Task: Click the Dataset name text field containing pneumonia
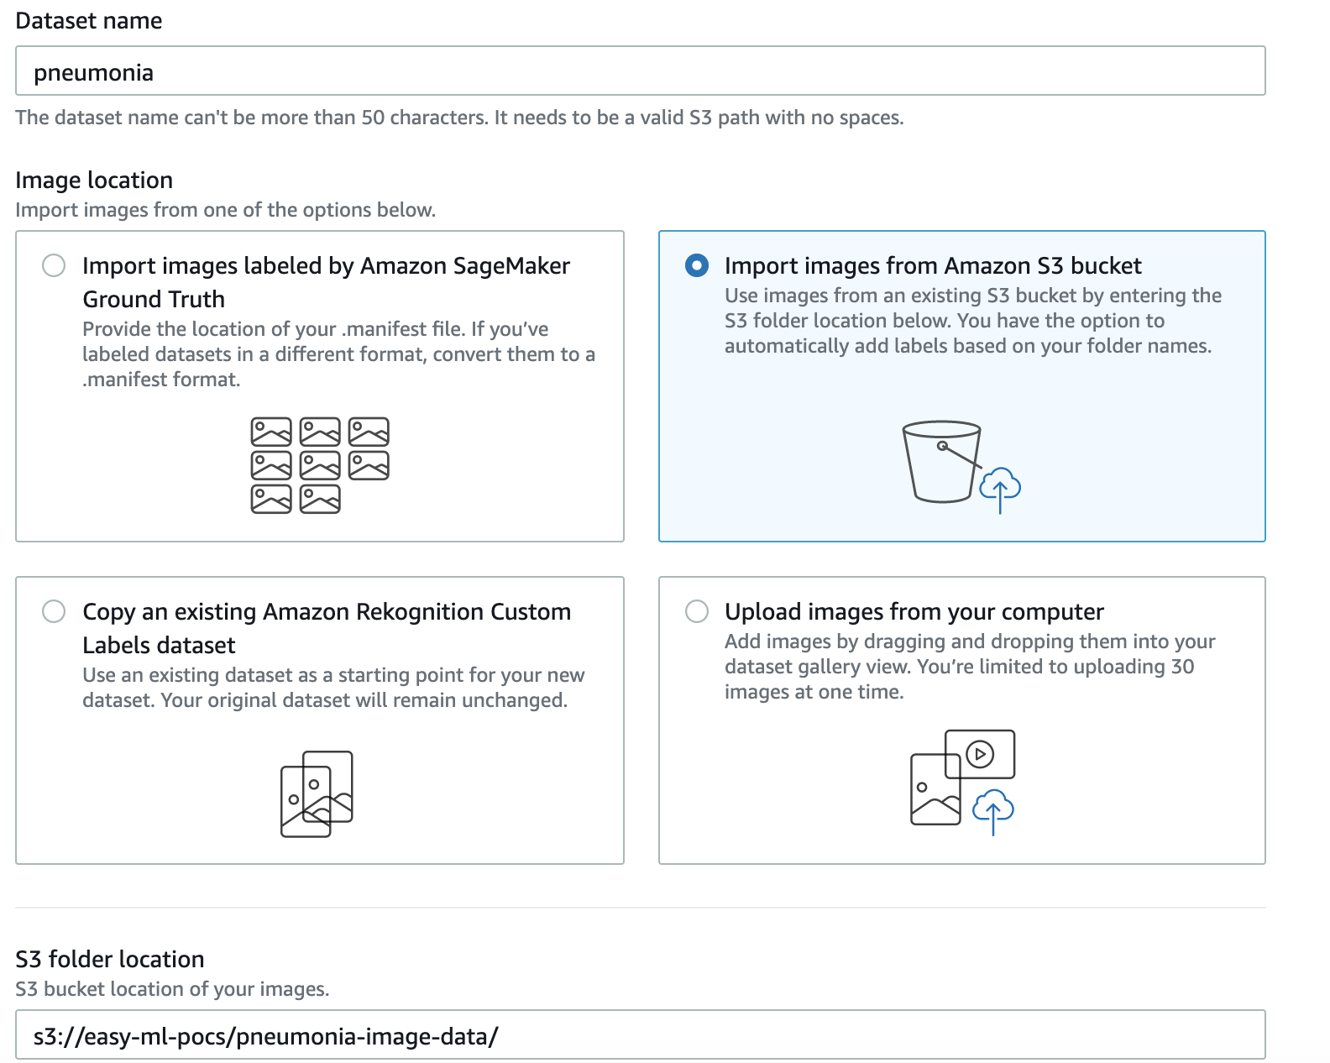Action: point(641,71)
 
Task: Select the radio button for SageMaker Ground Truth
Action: point(54,265)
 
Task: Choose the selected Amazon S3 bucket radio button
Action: point(697,265)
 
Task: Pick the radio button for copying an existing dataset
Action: point(54,611)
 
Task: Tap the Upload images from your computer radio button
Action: point(697,611)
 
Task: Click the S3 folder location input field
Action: point(641,1036)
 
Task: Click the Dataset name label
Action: point(88,21)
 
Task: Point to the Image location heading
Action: point(94,181)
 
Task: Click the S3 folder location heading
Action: point(109,959)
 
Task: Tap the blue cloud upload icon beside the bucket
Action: point(1000,489)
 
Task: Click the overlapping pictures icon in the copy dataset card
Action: point(317,793)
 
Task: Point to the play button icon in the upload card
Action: point(980,754)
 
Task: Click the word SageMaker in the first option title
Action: point(511,265)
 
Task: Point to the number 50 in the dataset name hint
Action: point(373,118)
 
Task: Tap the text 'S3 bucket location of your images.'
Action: point(172,989)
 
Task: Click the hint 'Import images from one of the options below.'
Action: point(226,210)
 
